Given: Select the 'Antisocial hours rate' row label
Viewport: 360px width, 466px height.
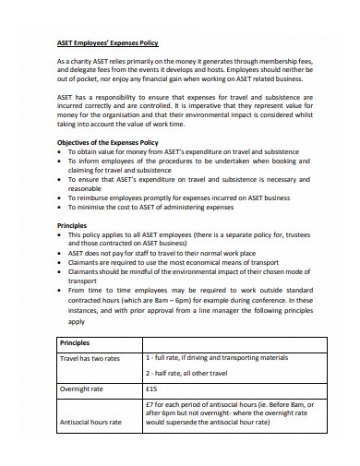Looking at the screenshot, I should (90, 422).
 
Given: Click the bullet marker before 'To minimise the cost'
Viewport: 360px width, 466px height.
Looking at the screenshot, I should (60, 209).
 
